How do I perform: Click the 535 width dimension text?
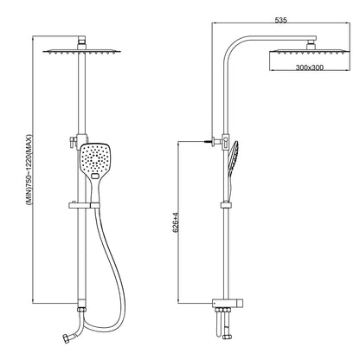(x=280, y=20)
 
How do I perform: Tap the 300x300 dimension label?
(x=310, y=67)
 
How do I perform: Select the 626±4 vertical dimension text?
(x=176, y=222)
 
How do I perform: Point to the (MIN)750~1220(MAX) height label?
(x=29, y=170)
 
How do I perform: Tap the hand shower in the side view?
(x=233, y=170)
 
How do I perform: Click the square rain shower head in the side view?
(x=310, y=52)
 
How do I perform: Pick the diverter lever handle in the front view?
(x=72, y=141)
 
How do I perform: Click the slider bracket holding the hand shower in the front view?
(x=84, y=205)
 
